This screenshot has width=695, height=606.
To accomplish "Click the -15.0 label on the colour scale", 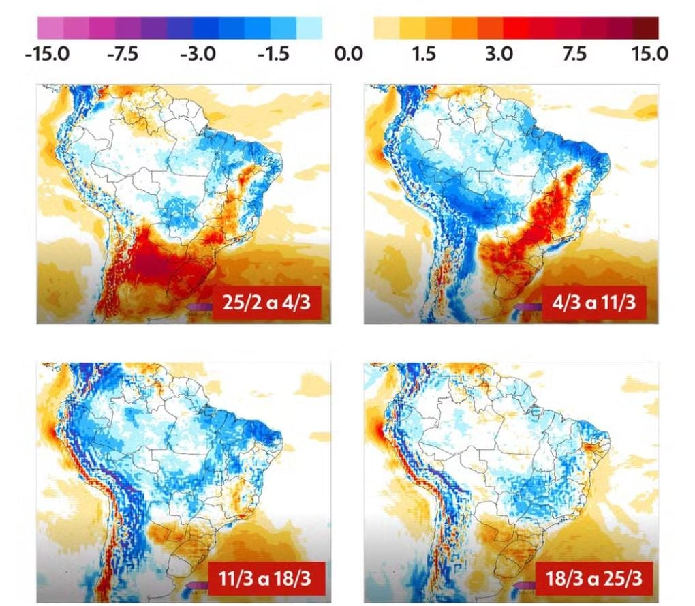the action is point(48,54).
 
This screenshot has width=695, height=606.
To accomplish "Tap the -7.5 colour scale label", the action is point(123,54).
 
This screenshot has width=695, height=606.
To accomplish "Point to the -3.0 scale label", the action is point(198,54).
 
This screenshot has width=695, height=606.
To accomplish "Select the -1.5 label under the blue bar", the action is point(273,54).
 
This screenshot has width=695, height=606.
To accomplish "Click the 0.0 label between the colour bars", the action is point(348,54).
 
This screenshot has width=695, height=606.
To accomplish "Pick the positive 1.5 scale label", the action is point(424,54).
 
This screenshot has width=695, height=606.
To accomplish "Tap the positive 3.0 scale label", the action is point(499,54).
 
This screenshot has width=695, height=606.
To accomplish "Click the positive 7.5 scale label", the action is point(574,54).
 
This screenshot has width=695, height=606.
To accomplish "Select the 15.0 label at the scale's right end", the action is point(650,54).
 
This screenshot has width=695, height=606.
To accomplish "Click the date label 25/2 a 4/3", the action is point(266,303).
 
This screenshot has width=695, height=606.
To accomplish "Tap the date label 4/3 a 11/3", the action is point(594,303).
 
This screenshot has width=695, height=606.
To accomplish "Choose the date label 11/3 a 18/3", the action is point(264,579).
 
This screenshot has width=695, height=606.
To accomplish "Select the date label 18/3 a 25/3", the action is point(594,579).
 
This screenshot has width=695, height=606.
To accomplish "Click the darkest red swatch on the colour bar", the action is point(646,28).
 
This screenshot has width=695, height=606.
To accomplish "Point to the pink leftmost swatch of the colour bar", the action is point(50,28).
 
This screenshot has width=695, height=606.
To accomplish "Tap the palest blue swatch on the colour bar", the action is point(309,28).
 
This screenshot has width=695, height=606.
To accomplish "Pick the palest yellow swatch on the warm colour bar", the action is point(386,28).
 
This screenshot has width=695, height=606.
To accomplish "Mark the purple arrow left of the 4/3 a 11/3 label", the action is point(528,307).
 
